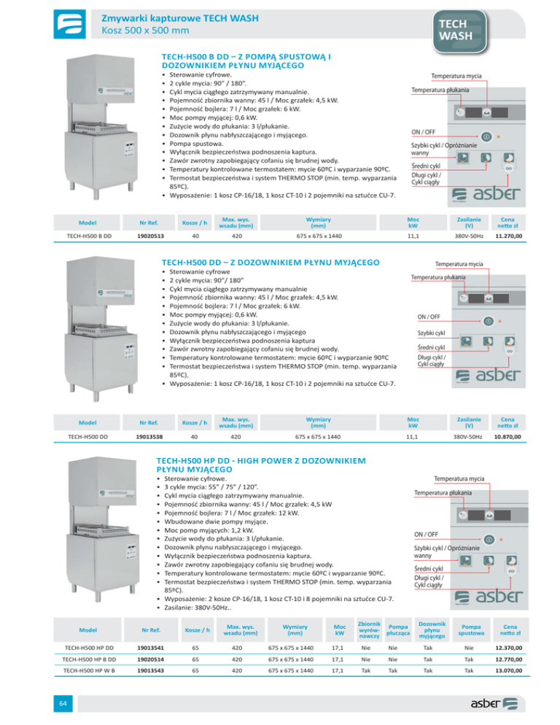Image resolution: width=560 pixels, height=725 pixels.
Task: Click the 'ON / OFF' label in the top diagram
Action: coord(424,132)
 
